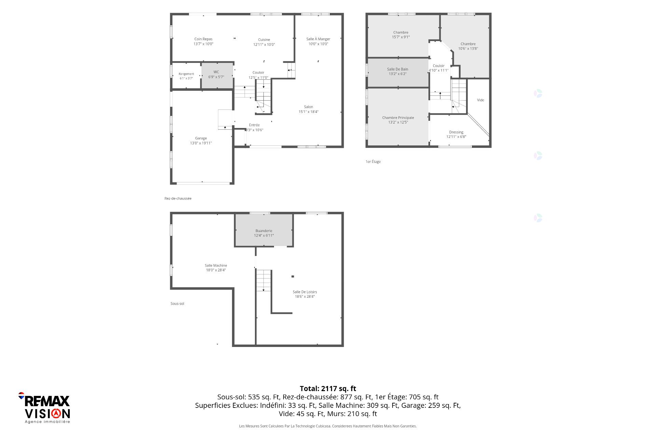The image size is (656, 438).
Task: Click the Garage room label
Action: click(201, 138)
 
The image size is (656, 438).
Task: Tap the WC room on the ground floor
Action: click(217, 76)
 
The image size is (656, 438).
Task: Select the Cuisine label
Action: click(264, 40)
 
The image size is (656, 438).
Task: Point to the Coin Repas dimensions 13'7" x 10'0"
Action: click(203, 44)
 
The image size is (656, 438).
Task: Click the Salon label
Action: click(309, 107)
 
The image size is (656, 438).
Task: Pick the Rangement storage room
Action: click(186, 76)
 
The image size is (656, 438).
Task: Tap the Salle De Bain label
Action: click(398, 69)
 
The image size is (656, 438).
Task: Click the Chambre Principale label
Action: click(398, 118)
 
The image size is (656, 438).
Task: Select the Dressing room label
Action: click(456, 132)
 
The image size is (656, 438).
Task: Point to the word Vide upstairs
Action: click(481, 100)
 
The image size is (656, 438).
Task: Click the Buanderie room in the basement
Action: click(264, 230)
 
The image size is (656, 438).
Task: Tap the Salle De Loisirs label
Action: click(305, 292)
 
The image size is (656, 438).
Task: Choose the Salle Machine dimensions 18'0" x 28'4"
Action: click(216, 270)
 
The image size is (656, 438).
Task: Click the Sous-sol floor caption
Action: click(177, 304)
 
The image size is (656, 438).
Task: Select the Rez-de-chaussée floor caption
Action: click(178, 198)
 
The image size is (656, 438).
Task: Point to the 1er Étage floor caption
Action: click(373, 162)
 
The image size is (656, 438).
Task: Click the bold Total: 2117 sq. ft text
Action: click(328, 388)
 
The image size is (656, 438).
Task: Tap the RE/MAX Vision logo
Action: click(44, 408)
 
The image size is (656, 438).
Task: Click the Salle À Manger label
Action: click(318, 39)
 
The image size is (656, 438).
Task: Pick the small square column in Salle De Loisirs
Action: click(292, 276)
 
